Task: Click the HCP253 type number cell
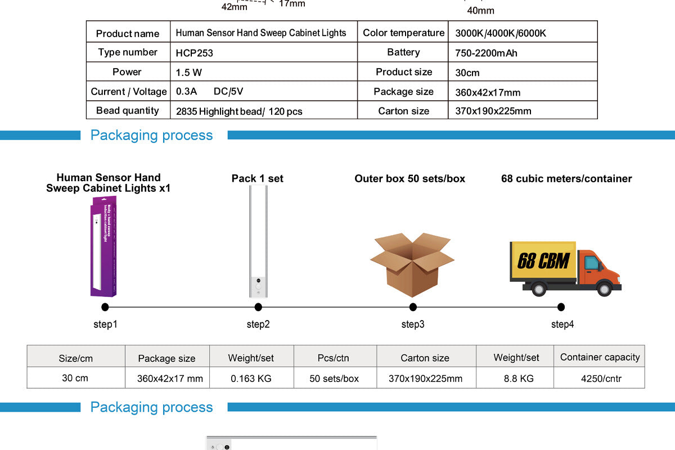tap(195, 53)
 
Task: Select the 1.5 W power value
tap(189, 73)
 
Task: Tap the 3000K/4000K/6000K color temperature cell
tap(500, 33)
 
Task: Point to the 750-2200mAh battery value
tap(486, 53)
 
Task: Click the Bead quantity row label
tap(128, 111)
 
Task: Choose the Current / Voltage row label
tap(129, 92)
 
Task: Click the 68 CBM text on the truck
tap(543, 261)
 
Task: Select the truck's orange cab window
tap(591, 263)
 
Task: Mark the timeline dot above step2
tap(258, 307)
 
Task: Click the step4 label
tap(562, 325)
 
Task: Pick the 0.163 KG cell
tap(251, 379)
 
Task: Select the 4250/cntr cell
tap(601, 379)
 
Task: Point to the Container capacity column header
tap(600, 357)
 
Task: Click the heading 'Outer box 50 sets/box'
tap(409, 179)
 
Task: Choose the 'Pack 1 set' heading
tap(258, 178)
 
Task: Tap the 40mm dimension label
tap(481, 11)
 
